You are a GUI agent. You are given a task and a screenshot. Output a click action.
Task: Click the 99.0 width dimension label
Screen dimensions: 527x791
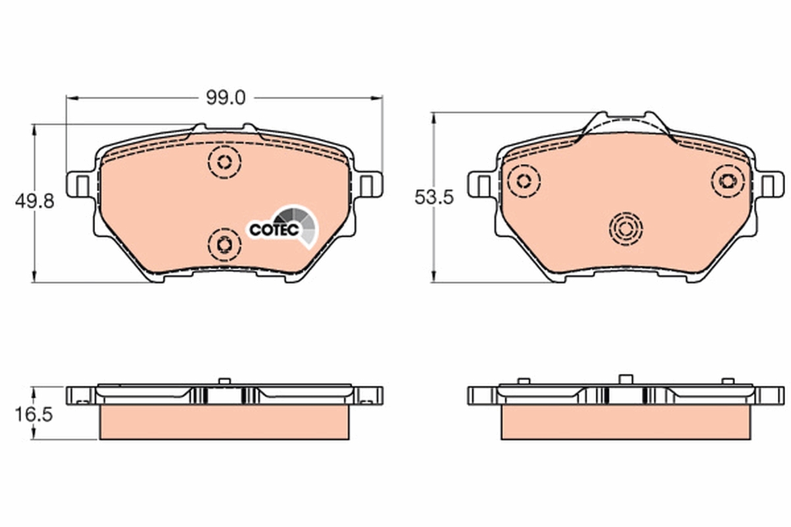click(x=225, y=98)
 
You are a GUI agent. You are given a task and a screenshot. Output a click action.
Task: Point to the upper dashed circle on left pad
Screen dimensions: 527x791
click(x=224, y=161)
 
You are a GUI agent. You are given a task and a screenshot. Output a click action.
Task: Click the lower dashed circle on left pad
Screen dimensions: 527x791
click(x=223, y=244)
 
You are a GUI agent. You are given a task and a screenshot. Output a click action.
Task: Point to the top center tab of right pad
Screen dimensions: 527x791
click(x=625, y=123)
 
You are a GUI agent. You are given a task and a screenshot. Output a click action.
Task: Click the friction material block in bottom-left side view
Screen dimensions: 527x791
click(x=224, y=422)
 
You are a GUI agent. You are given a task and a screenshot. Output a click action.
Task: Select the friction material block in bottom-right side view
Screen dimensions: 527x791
click(x=625, y=422)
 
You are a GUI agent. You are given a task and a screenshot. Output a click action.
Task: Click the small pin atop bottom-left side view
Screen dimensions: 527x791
click(x=223, y=381)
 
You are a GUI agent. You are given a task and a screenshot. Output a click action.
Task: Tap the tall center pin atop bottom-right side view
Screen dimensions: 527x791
click(x=625, y=379)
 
